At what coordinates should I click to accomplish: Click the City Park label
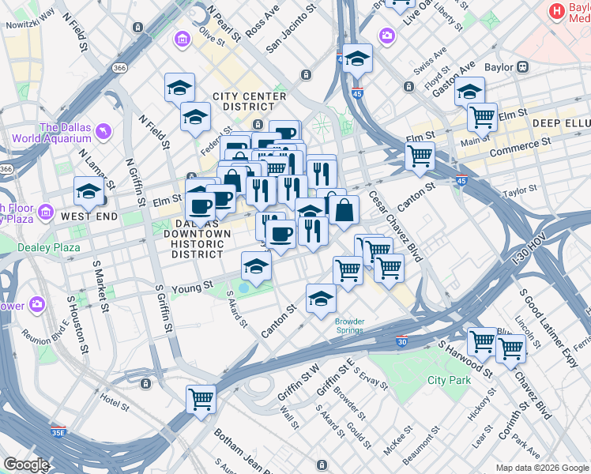pyautogui.click(x=449, y=380)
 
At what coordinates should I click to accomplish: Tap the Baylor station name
pyautogui.click(x=499, y=68)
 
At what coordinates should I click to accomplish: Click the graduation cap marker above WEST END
pyautogui.click(x=89, y=190)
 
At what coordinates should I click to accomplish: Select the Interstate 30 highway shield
pyautogui.click(x=402, y=341)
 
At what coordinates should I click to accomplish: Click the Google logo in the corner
pyautogui.click(x=25, y=465)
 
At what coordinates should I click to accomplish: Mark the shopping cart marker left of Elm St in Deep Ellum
pyautogui.click(x=482, y=118)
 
